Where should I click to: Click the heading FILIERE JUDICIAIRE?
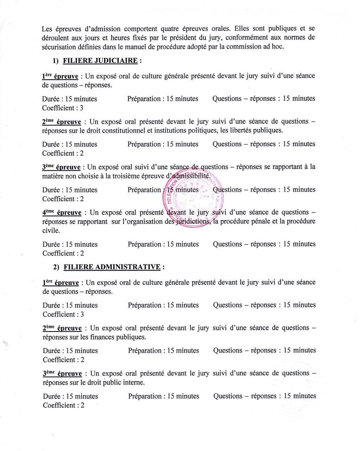[100, 61]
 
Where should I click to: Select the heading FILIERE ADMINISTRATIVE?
[113, 267]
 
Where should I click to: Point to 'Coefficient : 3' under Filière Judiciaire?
[63, 108]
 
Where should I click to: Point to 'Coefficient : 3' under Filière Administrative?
[63, 314]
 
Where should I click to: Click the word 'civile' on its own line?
[51, 231]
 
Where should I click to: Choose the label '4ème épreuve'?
[62, 213]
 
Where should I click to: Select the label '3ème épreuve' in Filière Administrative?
[62, 374]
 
